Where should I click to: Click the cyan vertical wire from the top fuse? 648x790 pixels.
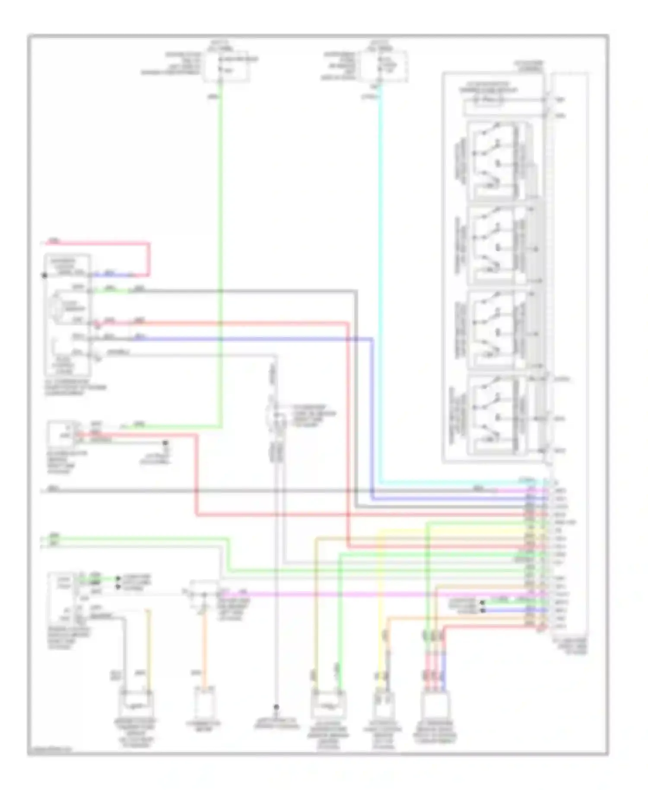click(380, 281)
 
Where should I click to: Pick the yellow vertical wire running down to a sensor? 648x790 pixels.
click(380, 605)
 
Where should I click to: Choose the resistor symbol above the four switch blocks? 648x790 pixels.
click(488, 101)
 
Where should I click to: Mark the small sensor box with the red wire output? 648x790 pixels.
click(60, 433)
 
